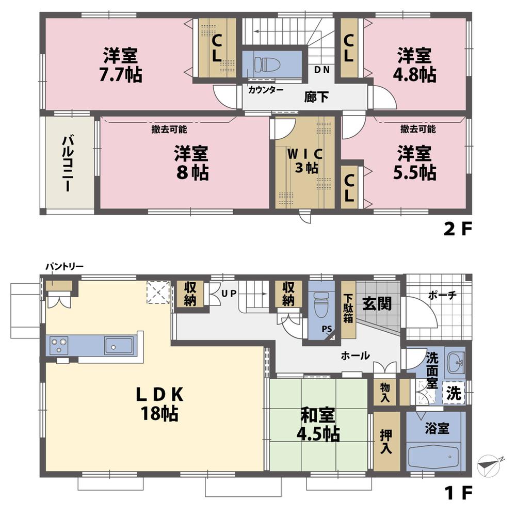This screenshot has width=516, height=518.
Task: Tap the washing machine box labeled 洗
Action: click(x=454, y=394)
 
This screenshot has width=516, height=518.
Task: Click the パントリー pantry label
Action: click(x=64, y=267)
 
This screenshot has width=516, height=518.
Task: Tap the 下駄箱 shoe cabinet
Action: click(x=348, y=308)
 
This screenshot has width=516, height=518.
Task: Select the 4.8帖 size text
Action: click(x=416, y=75)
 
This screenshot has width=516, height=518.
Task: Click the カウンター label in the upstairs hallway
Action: click(x=265, y=90)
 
